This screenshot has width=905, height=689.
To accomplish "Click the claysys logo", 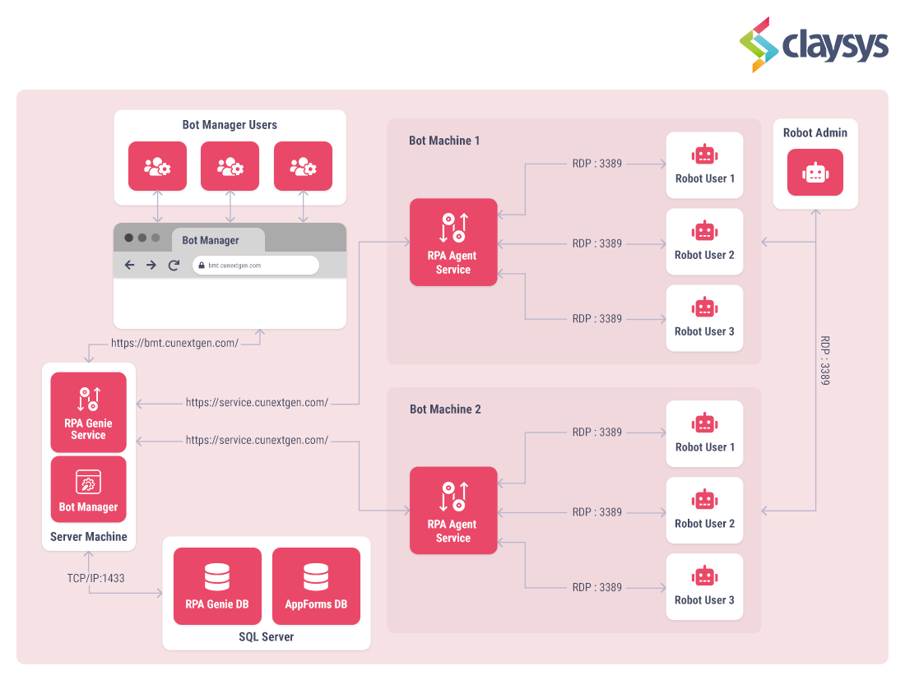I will click(814, 44).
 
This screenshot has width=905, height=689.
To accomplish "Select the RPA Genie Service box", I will click(88, 412).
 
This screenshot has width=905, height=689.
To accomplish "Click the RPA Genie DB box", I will click(217, 586).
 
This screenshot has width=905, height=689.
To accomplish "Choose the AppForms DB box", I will click(316, 586).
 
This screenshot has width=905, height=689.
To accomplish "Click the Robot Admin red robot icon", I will click(814, 172).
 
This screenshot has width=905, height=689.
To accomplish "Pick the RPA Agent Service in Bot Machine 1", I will click(453, 242).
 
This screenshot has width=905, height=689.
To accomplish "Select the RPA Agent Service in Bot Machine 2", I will click(453, 511).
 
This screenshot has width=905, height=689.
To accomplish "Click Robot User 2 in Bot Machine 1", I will click(704, 242).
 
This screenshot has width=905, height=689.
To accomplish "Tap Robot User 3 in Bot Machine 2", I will click(704, 587).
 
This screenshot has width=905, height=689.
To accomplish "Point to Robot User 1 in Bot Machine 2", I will click(704, 434).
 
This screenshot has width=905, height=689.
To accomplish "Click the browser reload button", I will click(174, 265).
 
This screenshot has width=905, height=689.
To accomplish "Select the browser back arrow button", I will click(129, 265).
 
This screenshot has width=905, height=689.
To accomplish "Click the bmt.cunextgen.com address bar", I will click(255, 265).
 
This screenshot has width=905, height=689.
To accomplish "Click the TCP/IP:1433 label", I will click(95, 578).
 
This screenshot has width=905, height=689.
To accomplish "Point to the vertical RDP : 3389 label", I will click(825, 360).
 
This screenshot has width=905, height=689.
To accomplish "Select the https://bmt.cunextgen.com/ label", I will click(174, 343).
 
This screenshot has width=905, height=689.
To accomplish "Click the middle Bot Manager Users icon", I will click(230, 166).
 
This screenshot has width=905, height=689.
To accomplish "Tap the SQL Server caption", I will click(266, 636).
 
